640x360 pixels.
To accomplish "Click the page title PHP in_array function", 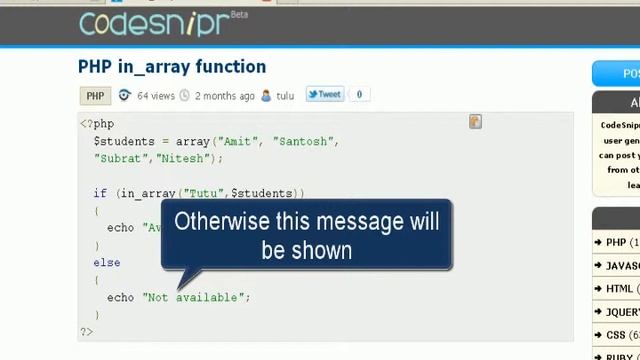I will [172, 67].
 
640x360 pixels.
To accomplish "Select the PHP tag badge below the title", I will [95, 96].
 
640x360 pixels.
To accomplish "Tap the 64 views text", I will [155, 96].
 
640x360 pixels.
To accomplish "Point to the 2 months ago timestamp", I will [224, 96].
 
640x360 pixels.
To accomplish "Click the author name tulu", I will [285, 96].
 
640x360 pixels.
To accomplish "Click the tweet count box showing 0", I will [359, 95].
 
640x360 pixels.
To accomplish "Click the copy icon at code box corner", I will [475, 122].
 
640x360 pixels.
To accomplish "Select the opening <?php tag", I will [97, 124].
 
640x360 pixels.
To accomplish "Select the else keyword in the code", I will [107, 263].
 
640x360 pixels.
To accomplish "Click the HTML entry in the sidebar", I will [619, 289].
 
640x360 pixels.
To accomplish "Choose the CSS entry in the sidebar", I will [616, 335].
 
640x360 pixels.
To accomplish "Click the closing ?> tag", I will [86, 331].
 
